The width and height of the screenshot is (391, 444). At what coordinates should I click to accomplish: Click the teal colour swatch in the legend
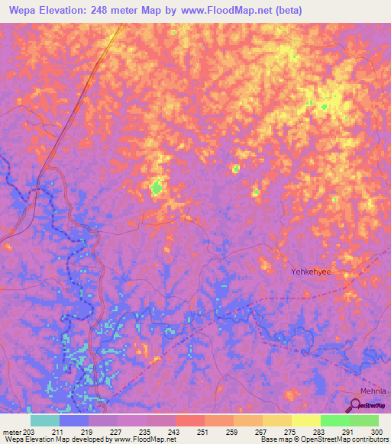pyautogui.click(x=45, y=420)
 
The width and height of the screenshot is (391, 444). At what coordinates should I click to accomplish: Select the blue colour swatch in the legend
pyautogui.click(x=74, y=420)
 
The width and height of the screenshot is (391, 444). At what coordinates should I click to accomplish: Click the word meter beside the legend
pyautogui.click(x=10, y=432)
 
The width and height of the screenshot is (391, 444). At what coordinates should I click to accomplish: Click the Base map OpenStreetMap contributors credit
pyautogui.click(x=324, y=439)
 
